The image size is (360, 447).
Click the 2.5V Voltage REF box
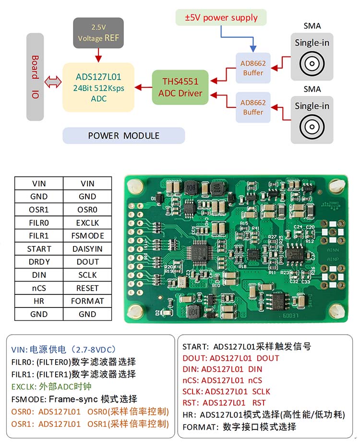98,33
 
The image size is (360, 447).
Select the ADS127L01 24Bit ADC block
98,87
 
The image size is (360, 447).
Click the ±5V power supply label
221,18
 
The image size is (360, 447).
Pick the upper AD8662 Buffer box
253,68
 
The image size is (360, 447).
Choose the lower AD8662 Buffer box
253,107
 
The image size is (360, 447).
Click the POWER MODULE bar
123,136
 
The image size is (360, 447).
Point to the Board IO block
35,77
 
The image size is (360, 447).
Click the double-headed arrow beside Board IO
52,82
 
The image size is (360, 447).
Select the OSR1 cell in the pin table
39,210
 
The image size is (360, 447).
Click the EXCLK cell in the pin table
87,223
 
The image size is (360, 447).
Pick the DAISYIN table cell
87,249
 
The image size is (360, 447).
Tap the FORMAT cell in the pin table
87,301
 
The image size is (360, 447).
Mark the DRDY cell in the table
39,262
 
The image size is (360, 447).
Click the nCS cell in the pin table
39,288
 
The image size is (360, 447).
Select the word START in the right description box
195,346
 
